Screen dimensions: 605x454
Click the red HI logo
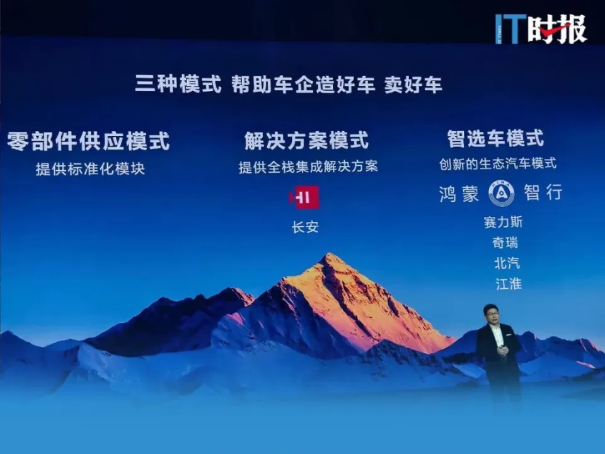[304, 197]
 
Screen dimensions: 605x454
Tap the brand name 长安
[305, 227]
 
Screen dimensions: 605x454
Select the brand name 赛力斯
[503, 222]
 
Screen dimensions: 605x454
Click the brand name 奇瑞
[505, 243]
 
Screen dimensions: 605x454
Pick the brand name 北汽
[507, 264]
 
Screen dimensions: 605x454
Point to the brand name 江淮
[509, 284]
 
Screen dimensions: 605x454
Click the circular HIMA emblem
[501, 194]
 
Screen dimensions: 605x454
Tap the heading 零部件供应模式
[88, 141]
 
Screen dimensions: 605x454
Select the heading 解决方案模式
[306, 140]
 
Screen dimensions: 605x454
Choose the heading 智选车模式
[495, 138]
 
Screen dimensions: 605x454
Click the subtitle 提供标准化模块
[90, 169]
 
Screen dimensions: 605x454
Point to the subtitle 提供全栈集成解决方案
[308, 166]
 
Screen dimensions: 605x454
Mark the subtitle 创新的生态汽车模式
[498, 164]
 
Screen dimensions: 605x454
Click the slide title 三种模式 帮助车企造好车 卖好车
[289, 84]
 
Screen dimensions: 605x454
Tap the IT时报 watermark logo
[541, 28]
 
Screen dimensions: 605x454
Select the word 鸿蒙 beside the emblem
[459, 193]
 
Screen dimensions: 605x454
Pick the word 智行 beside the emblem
[543, 192]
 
